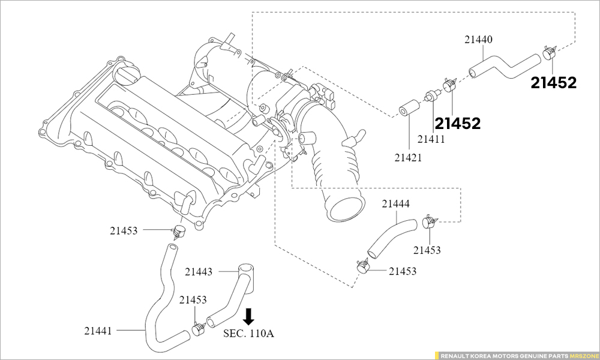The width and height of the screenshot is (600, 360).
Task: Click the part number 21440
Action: [478, 40]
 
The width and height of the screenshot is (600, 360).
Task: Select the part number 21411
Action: [431, 140]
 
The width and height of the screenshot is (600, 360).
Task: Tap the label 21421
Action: [408, 158]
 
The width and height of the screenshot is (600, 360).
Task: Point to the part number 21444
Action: [396, 204]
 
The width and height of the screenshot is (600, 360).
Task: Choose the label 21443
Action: [199, 272]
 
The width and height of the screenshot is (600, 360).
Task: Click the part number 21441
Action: [98, 330]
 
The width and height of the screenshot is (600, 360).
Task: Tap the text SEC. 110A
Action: [248, 333]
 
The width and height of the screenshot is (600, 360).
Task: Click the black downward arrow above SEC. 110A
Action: [248, 316]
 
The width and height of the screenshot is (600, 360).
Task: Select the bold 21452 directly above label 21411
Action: [458, 124]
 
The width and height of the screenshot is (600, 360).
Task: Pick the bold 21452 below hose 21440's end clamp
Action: [553, 83]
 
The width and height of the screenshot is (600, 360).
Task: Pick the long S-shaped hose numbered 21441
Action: [158, 300]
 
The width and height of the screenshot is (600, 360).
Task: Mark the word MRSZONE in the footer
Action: [583, 355]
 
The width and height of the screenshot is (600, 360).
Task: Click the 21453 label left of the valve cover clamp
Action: [124, 230]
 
